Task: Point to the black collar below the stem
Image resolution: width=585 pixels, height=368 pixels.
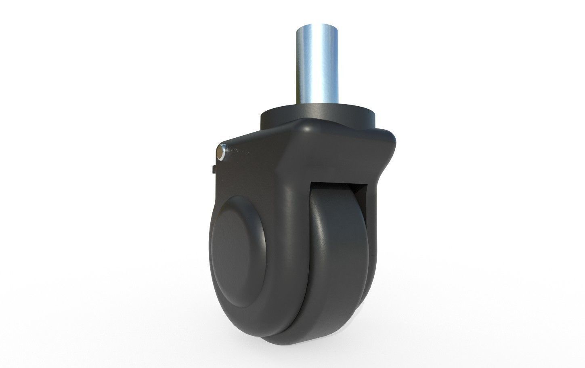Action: (319, 115)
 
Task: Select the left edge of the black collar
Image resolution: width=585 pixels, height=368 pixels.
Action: (262, 117)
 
